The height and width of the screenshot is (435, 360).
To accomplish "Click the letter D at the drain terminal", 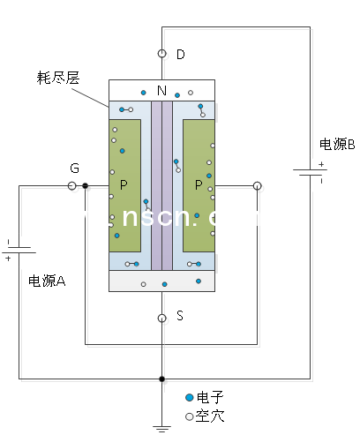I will pos(181,55).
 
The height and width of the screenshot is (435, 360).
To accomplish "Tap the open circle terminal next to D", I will pos(161,54).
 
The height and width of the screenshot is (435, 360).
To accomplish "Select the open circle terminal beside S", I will pos(161,318).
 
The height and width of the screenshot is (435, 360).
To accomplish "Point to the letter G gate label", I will pos(74,168).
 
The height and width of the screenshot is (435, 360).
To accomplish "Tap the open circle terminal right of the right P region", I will pos(257,186).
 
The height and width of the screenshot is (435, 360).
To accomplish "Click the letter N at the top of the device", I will pos(161,90).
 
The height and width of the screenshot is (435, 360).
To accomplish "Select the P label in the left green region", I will pos(124,185).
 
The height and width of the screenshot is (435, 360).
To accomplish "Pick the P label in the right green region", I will pos(198,185).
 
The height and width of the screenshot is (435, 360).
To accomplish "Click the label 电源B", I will pos(337,144).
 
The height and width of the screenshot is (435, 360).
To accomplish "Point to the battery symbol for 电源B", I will pos(311,173).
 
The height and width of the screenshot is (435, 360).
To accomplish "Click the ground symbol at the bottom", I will pos(161,427).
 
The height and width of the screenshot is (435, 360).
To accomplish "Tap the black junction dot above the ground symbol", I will pos(161,379).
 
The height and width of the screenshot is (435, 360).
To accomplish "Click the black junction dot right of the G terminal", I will pos(85,186).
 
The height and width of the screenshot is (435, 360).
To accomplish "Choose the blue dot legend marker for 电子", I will pos(189,398).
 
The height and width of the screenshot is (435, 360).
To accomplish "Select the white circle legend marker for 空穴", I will pos(189,415).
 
